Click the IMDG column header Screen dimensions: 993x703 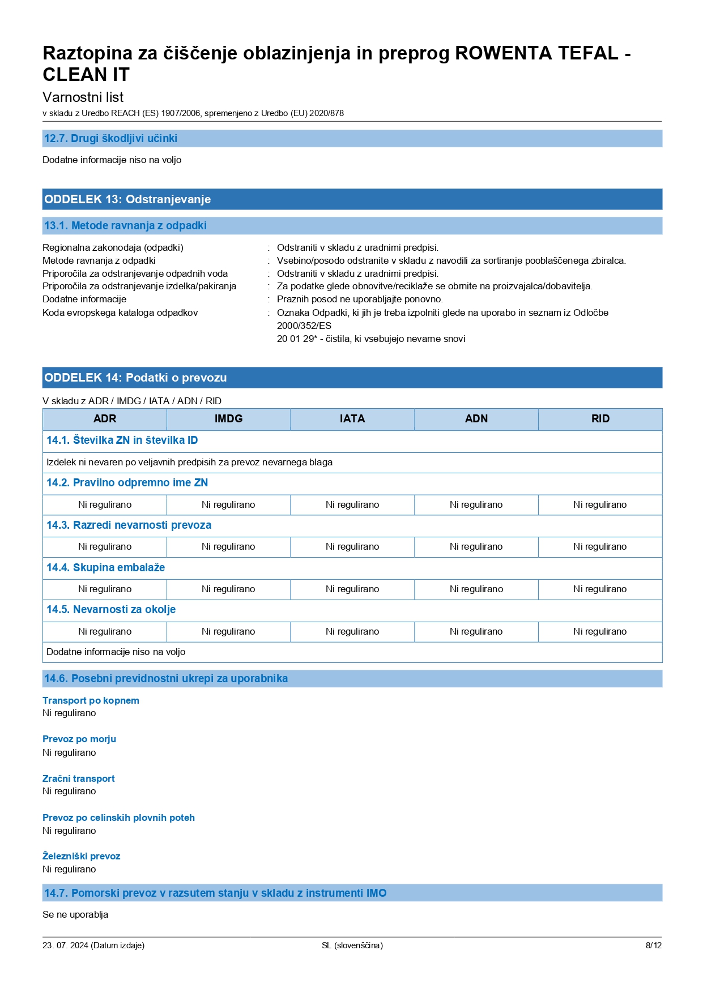point(228,419)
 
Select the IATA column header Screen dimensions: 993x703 point(352,419)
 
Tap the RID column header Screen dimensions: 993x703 point(600,419)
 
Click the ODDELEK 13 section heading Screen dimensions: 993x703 point(127,199)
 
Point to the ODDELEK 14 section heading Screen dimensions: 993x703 point(135,378)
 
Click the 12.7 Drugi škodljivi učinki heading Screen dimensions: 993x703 point(110,139)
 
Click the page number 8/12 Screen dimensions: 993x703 point(653,945)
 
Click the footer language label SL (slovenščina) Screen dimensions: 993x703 point(352,945)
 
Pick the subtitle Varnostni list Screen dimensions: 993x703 point(83,97)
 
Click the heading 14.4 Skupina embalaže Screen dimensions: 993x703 point(105,568)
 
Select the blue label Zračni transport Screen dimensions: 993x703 point(78,779)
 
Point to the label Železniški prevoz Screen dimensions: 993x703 point(81,857)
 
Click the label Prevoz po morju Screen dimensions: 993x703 point(79,739)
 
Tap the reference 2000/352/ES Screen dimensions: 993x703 point(304,326)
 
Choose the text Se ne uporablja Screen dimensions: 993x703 point(75,915)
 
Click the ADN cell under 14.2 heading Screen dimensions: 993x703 point(476,505)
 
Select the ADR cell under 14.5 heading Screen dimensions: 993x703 point(105,632)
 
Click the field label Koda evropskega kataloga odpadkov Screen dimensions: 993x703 point(120,313)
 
